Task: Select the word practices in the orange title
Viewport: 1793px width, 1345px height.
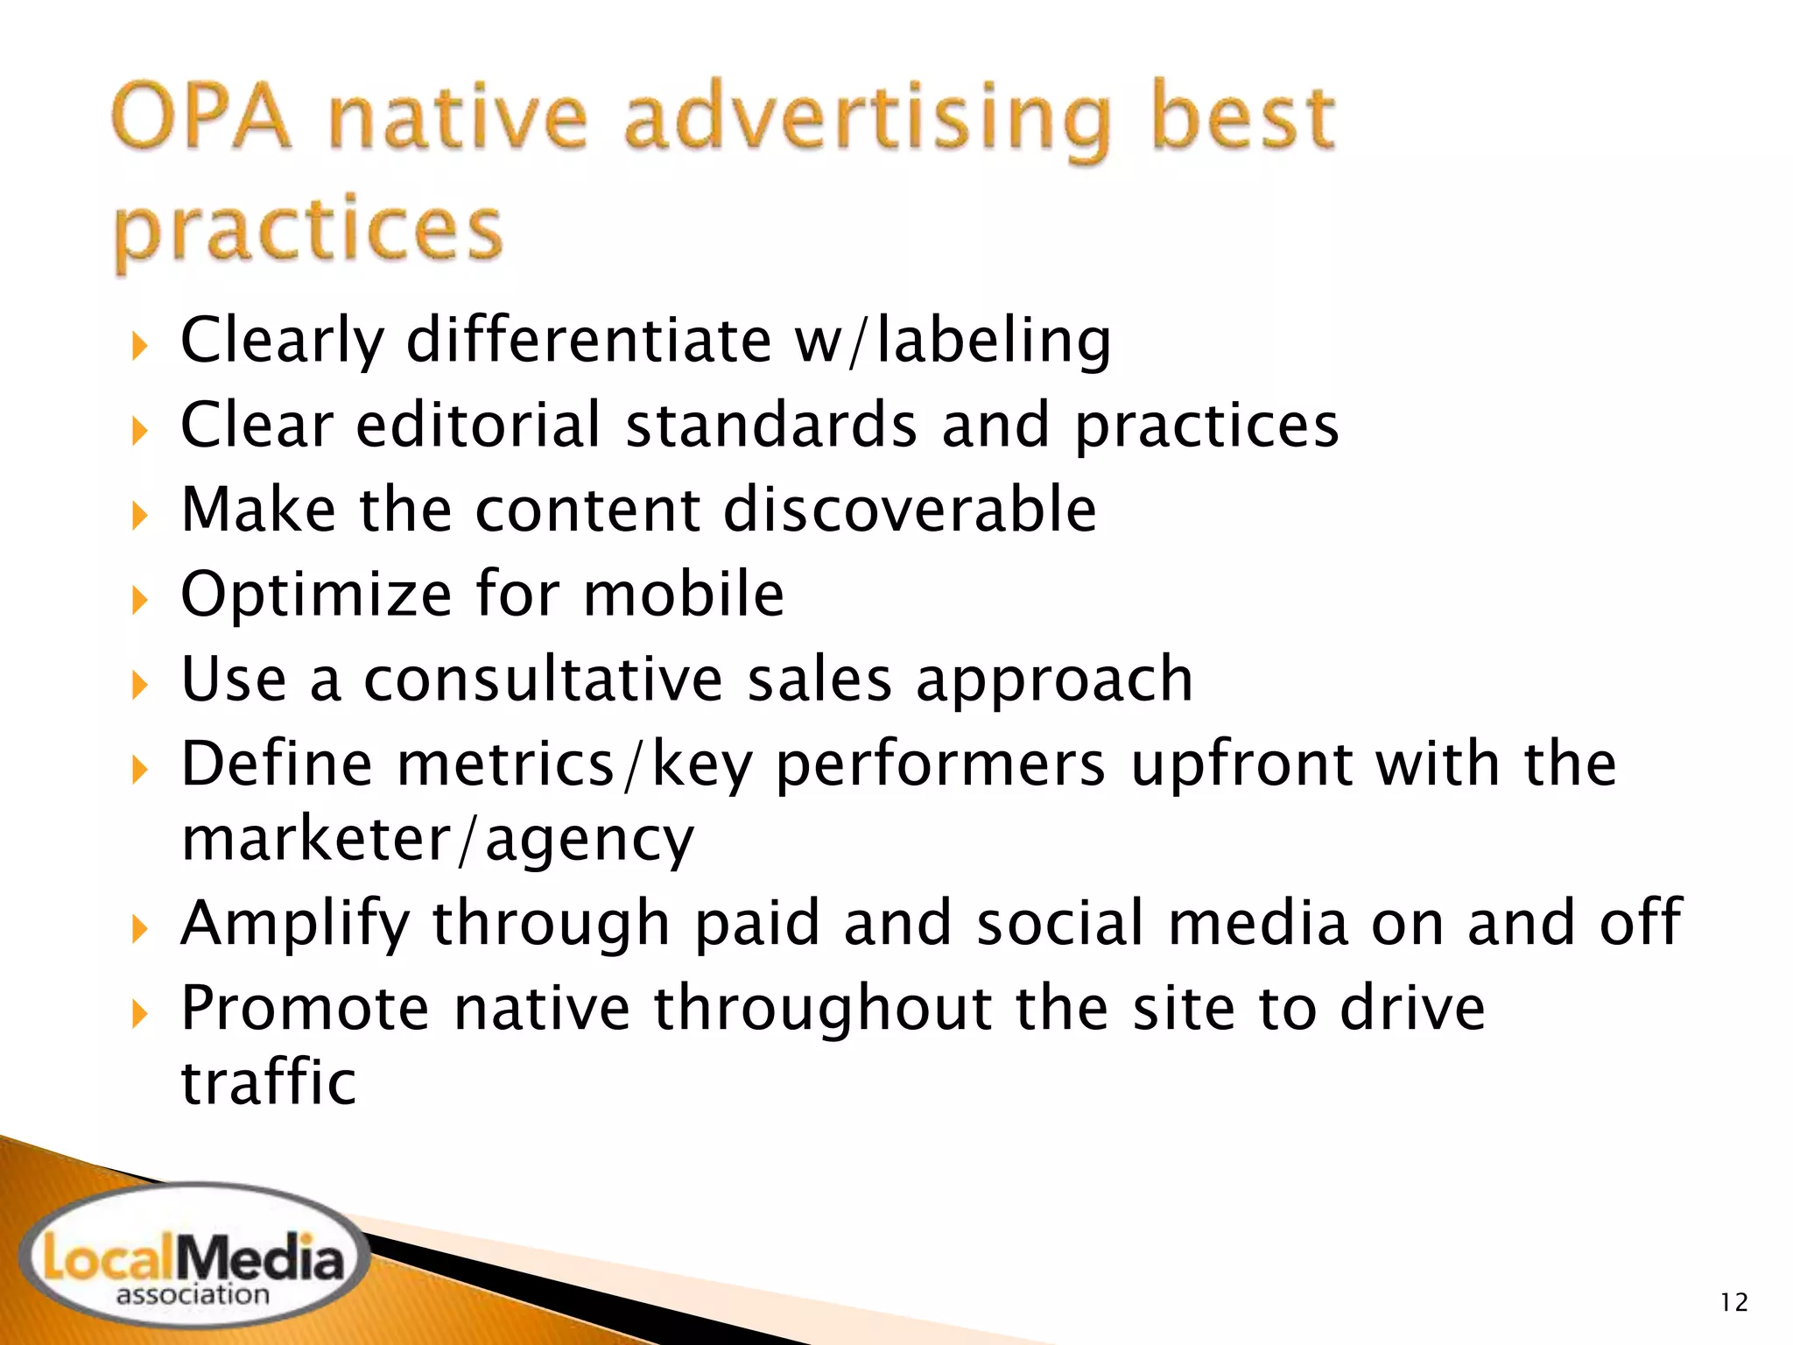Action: pos(307,229)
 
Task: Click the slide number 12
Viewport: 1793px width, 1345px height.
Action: pos(1733,1303)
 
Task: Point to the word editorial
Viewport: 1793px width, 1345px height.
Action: pos(479,426)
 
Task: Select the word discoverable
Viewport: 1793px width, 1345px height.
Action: pos(910,510)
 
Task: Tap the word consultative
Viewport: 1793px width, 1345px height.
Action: pos(543,680)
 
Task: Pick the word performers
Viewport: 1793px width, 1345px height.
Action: pos(941,764)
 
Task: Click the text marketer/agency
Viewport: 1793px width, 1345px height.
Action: pos(437,840)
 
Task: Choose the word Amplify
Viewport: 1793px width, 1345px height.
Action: pos(295,924)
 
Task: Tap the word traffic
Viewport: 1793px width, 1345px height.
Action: pos(269,1083)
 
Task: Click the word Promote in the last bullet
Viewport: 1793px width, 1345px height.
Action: pos(305,1009)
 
